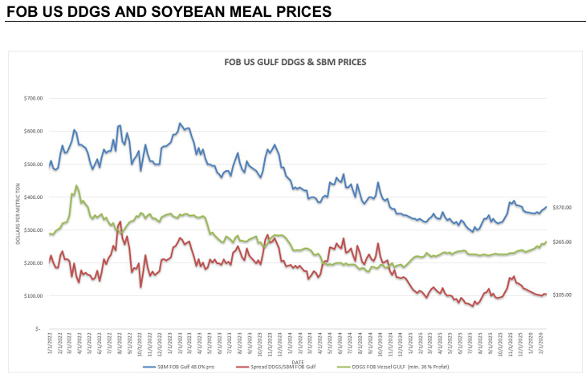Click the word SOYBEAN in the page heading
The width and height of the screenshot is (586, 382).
coord(186,11)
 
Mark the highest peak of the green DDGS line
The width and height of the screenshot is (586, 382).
coord(76,186)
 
